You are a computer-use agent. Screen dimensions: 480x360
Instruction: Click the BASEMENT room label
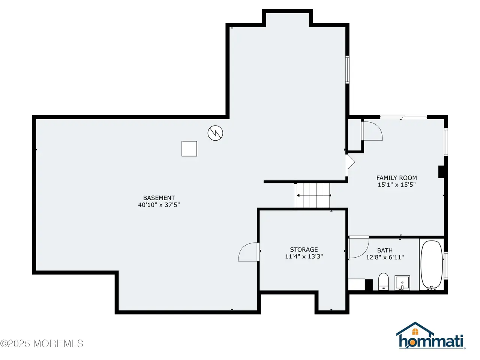coord(159,198)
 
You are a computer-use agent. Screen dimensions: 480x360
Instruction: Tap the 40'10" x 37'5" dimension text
coord(159,205)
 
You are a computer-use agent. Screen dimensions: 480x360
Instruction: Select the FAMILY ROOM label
coord(396,178)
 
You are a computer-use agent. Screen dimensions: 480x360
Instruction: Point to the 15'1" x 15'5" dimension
coord(396,185)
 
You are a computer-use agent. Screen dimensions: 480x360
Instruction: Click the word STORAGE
coord(304,249)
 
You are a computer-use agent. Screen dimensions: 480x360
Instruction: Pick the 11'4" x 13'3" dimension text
coord(304,256)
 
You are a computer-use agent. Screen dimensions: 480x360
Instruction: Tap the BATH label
coord(385,250)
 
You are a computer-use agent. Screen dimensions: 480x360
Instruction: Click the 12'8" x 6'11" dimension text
coord(385,257)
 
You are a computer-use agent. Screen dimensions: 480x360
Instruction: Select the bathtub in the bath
coord(431,265)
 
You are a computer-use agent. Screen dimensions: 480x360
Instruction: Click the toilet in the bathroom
coord(383,282)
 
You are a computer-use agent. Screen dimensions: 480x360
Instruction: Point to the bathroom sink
coord(402,283)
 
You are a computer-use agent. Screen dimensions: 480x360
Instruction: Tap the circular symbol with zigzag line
coord(215,133)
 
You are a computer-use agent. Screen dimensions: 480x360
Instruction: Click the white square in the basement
coord(189,148)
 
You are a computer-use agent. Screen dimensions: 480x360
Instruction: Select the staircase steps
coord(313,195)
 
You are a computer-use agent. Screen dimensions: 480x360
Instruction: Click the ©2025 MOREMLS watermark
coord(42,343)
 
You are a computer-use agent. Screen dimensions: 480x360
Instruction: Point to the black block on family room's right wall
coord(441,172)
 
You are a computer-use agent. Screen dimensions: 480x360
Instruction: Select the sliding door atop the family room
coord(403,117)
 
